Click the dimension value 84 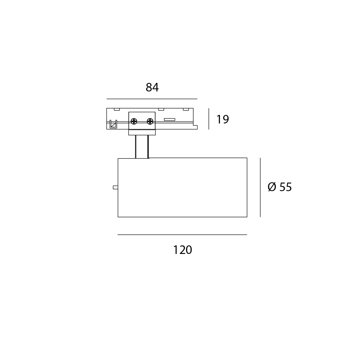pyautogui.click(x=152, y=87)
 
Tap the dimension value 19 pyautogui.click(x=223, y=119)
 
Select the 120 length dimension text pyautogui.click(x=182, y=250)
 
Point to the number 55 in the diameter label pyautogui.click(x=286, y=187)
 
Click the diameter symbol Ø pyautogui.click(x=272, y=187)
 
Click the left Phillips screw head pyautogui.click(x=134, y=121)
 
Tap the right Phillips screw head pyautogui.click(x=150, y=121)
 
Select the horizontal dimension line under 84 pyautogui.click(x=152, y=99)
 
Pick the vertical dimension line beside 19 pyautogui.click(x=209, y=119)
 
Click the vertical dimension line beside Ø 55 pyautogui.click(x=260, y=187)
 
